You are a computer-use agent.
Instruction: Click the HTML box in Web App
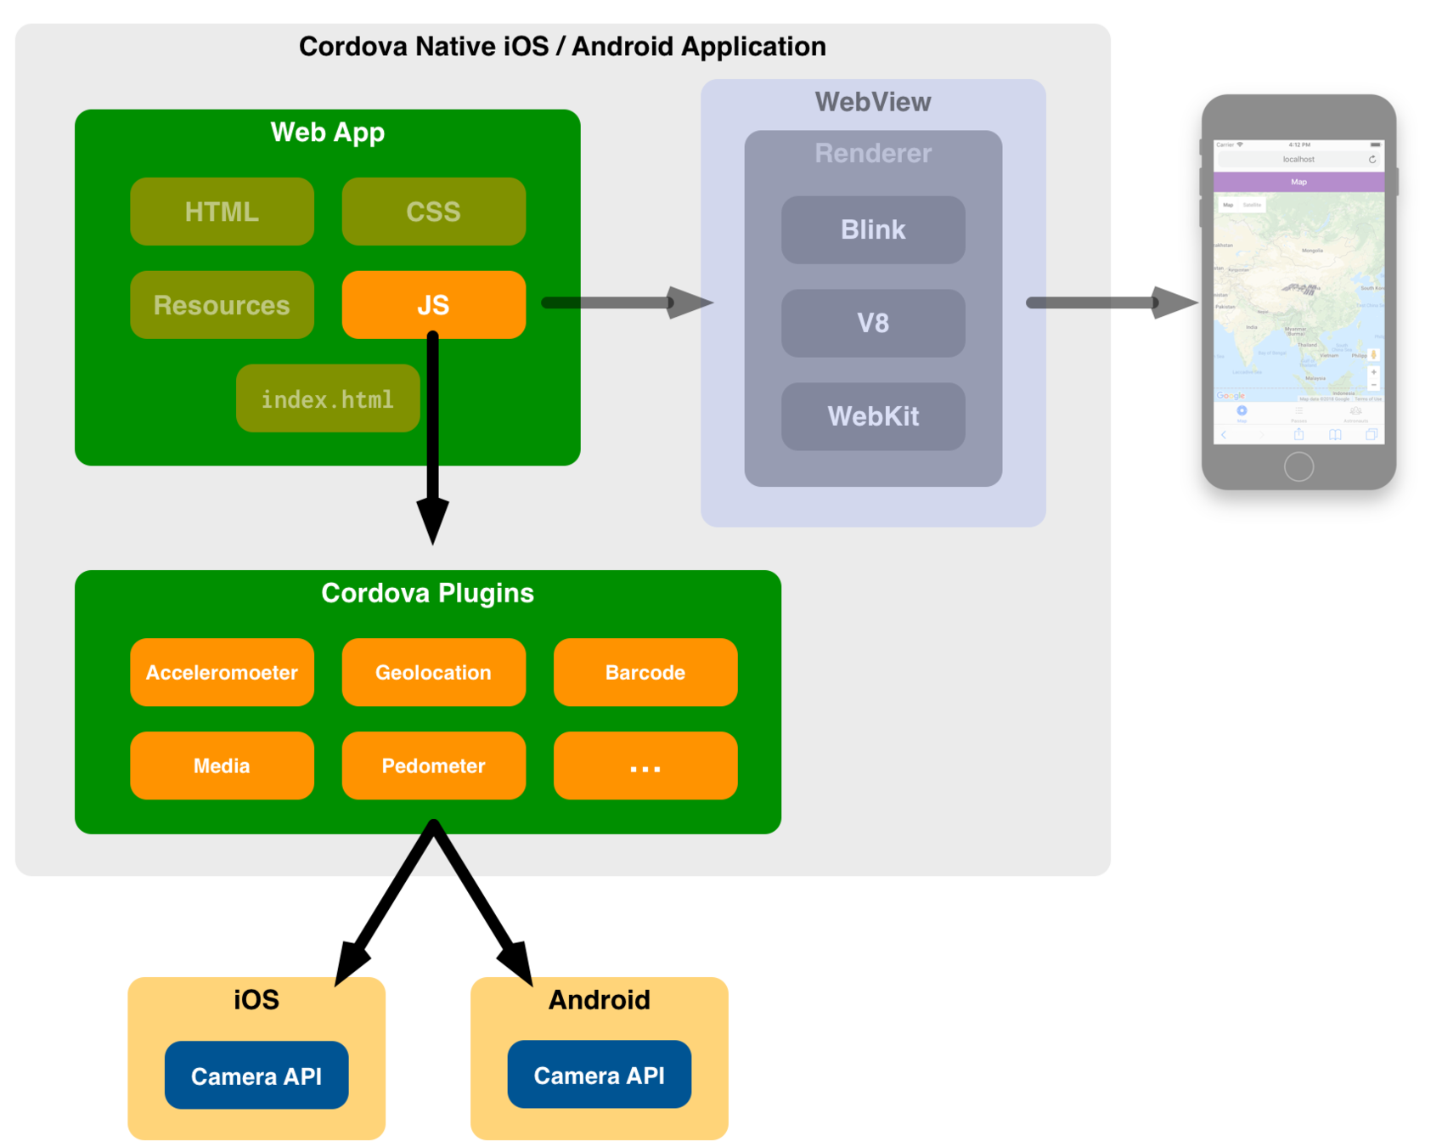point(222,212)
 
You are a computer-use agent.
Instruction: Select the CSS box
point(433,212)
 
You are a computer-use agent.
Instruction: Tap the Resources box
point(222,305)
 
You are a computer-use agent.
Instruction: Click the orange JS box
point(433,305)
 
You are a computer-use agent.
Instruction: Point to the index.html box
point(328,398)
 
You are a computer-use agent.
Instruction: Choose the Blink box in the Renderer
point(873,229)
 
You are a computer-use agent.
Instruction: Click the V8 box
point(873,323)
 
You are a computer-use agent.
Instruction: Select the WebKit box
point(873,416)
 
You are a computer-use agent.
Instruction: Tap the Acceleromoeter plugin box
point(222,672)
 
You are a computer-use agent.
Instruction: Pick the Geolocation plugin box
point(433,672)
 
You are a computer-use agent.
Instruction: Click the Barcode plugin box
point(645,672)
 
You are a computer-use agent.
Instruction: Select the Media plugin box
point(222,766)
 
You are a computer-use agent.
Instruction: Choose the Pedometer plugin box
point(433,766)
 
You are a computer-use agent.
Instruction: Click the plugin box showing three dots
point(645,766)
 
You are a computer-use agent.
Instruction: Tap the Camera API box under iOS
point(256,1076)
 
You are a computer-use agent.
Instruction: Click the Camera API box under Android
point(600,1075)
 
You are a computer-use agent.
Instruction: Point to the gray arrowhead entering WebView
point(688,302)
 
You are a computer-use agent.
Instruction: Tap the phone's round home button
point(1298,466)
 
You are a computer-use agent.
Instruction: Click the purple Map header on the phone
point(1298,182)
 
